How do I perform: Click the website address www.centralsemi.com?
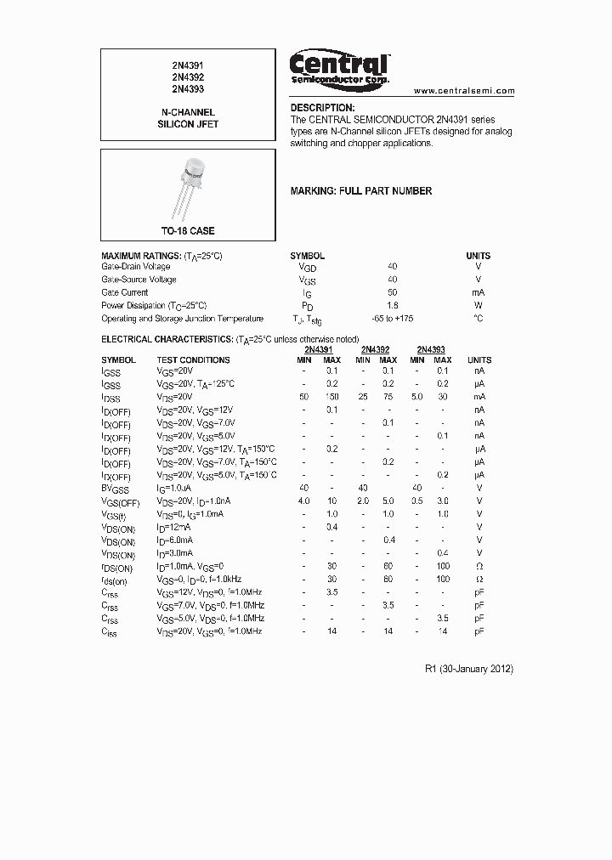click(x=464, y=90)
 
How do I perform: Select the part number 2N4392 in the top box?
click(x=187, y=76)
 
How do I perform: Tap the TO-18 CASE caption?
click(x=188, y=231)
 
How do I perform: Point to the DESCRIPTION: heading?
click(x=322, y=108)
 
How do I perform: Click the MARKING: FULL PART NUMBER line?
click(x=361, y=191)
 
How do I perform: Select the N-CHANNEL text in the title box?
click(x=188, y=112)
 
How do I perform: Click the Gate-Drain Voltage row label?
click(x=136, y=267)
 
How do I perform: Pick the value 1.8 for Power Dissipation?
click(x=392, y=305)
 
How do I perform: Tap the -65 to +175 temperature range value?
click(x=392, y=319)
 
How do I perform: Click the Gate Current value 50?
click(x=392, y=292)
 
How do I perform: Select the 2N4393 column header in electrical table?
click(x=430, y=349)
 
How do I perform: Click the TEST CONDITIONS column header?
click(x=193, y=360)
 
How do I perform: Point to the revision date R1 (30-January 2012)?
click(x=468, y=669)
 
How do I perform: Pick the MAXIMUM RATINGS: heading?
click(x=140, y=256)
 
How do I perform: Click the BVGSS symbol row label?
click(x=116, y=489)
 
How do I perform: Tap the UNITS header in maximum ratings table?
click(x=478, y=256)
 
